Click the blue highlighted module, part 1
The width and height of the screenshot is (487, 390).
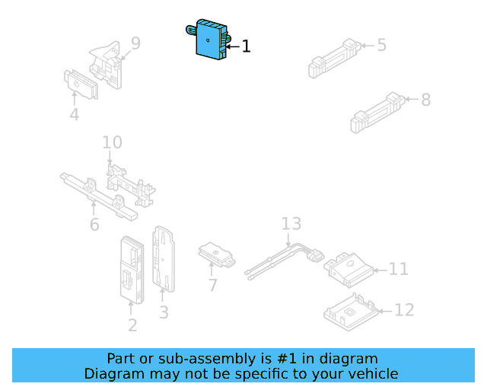click(x=208, y=38)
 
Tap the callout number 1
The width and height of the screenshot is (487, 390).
click(x=246, y=46)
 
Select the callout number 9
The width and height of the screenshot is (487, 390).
click(x=135, y=43)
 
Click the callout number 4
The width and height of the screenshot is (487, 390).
click(x=74, y=115)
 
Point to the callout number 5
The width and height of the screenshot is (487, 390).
click(x=381, y=45)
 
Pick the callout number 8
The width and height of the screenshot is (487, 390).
click(x=425, y=99)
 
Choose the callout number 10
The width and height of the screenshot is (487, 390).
click(x=112, y=142)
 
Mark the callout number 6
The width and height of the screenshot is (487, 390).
click(x=94, y=225)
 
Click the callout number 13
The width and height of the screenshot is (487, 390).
click(x=291, y=224)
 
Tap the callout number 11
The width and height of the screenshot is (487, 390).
click(x=399, y=269)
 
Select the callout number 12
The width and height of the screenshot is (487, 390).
click(x=404, y=310)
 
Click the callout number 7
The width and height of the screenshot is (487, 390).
click(x=212, y=286)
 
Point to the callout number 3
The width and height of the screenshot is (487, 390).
click(x=164, y=312)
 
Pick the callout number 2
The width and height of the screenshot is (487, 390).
click(x=132, y=326)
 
